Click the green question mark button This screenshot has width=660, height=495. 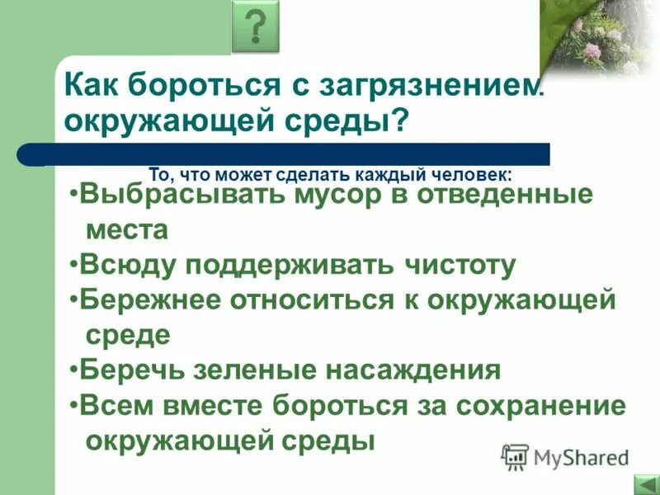point(257,26)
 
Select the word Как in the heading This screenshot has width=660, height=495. point(93,84)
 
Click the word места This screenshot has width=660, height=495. point(126,230)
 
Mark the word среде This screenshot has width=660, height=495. point(128,335)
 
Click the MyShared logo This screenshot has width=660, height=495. point(565,456)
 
